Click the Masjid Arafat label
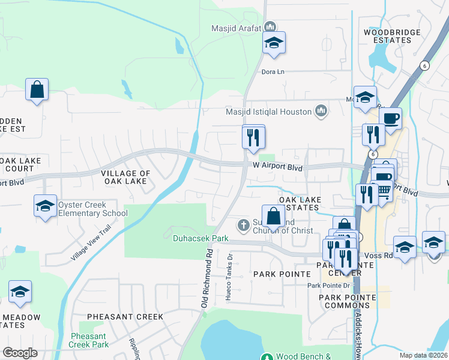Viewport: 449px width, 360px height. click(237, 28)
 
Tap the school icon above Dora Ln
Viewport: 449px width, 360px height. click(274, 43)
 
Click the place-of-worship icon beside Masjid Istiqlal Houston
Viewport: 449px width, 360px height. click(322, 111)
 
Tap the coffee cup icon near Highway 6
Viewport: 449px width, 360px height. click(390, 118)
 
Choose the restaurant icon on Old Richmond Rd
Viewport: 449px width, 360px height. click(253, 137)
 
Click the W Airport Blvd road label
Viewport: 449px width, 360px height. click(277, 166)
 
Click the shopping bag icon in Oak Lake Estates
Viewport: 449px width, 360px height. click(273, 215)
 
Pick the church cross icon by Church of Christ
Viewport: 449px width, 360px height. click(243, 225)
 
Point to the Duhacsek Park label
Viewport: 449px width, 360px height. click(200, 238)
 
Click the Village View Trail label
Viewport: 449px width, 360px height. click(91, 243)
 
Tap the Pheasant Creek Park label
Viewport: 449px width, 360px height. click(89, 340)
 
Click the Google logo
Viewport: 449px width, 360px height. click(20, 353)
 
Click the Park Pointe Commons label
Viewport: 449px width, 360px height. click(347, 301)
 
